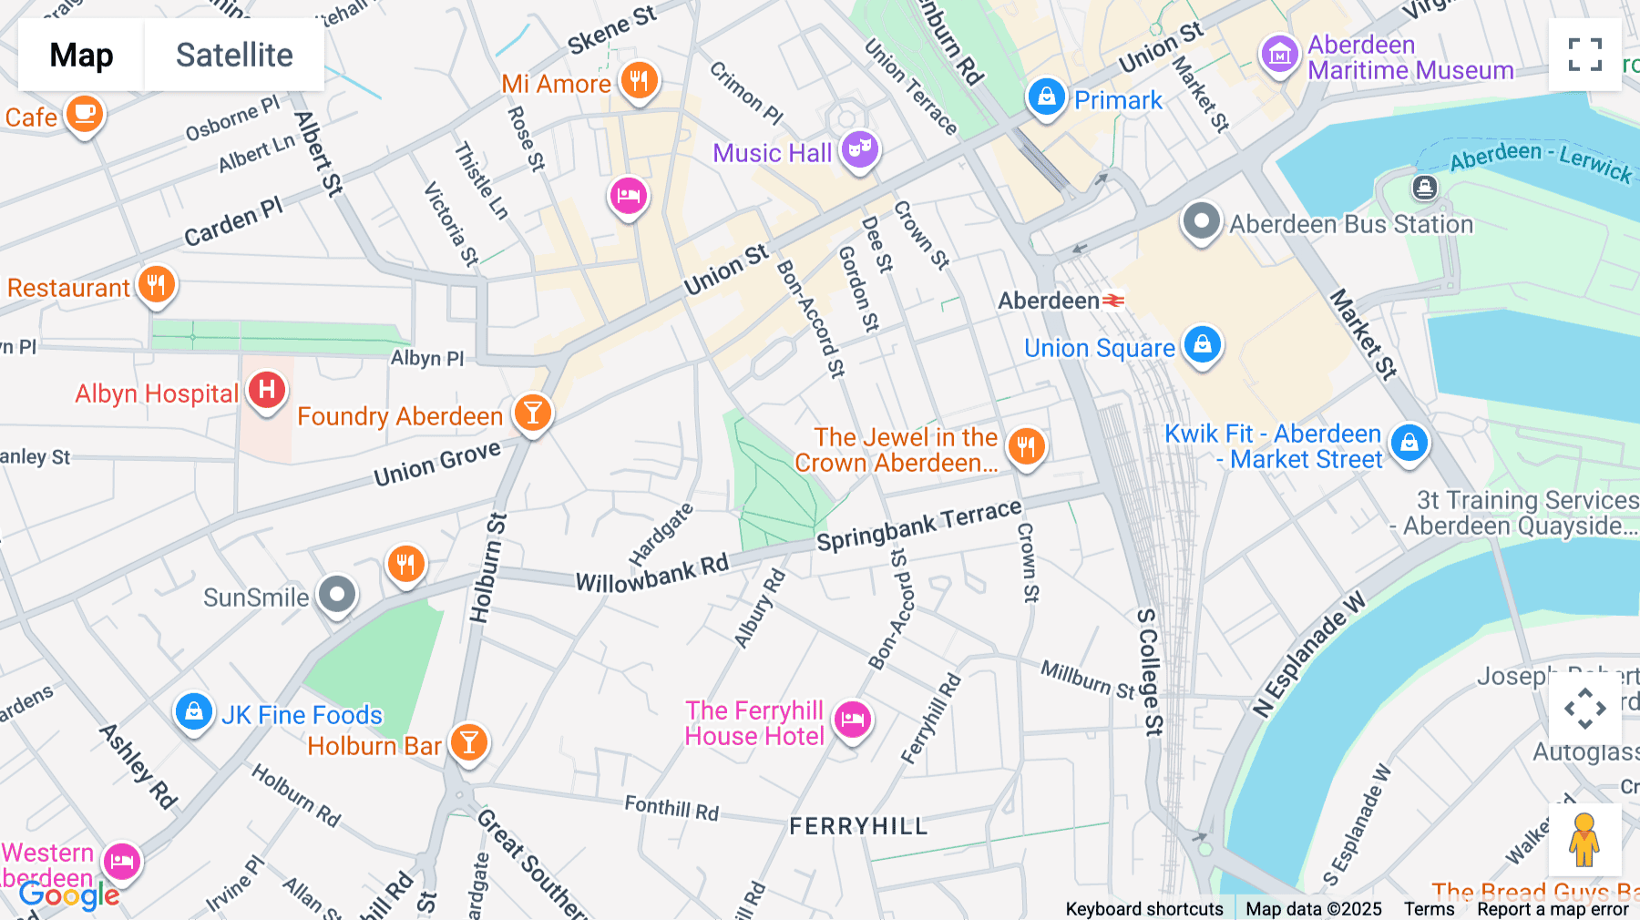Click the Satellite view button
click(x=234, y=55)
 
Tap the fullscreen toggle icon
click(x=1584, y=55)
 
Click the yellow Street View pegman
click(x=1584, y=840)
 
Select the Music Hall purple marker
click(x=859, y=148)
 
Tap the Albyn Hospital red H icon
click(x=267, y=390)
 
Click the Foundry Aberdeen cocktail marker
click(x=533, y=413)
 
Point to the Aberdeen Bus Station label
click(x=1350, y=224)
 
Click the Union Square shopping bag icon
click(x=1202, y=344)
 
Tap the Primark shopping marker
click(x=1046, y=96)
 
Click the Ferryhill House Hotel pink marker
click(x=853, y=720)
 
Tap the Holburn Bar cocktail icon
click(x=469, y=742)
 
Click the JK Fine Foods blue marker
click(x=194, y=711)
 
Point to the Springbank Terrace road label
click(x=918, y=526)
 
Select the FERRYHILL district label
click(x=858, y=826)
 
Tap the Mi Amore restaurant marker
click(x=640, y=80)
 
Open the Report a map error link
click(x=1553, y=909)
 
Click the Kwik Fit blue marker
click(x=1409, y=443)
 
